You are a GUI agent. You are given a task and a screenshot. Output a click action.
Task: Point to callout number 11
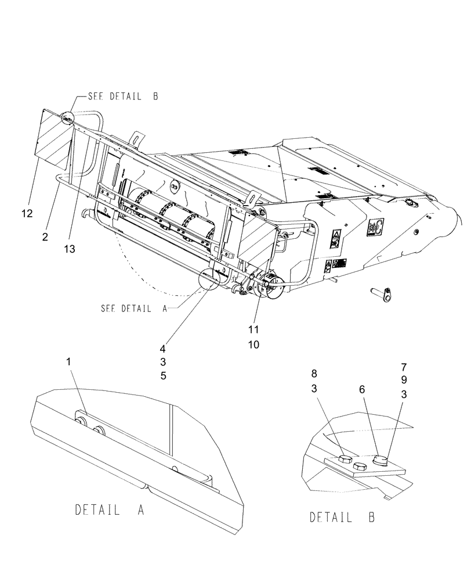[253, 329]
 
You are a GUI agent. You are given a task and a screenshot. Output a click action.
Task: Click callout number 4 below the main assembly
[164, 350]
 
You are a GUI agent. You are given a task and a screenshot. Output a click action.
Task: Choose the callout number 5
[164, 376]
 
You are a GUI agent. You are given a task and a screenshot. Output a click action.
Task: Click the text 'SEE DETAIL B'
[123, 97]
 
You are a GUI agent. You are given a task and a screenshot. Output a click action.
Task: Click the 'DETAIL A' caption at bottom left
[110, 510]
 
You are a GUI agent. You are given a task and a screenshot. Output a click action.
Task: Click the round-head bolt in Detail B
[380, 461]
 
